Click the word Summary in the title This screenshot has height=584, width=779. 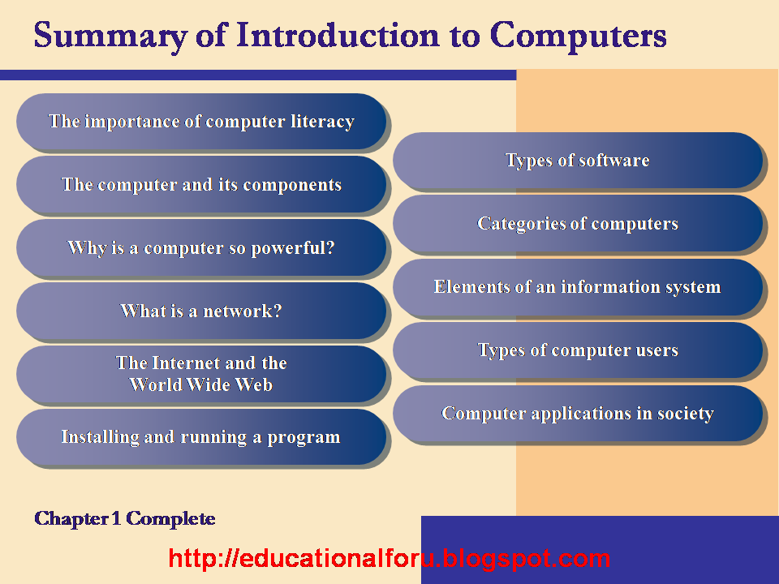[111, 36]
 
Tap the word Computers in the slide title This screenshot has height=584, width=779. [578, 36]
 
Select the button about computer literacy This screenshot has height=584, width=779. [201, 121]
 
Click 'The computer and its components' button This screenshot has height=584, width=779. [201, 184]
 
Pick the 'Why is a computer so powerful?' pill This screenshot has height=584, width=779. [201, 247]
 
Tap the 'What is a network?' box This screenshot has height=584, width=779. [201, 311]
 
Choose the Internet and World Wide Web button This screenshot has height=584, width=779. [201, 374]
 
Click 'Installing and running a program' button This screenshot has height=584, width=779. [201, 437]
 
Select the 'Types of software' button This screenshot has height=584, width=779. [577, 160]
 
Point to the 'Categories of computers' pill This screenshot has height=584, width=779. [577, 223]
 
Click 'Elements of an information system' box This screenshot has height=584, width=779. [577, 286]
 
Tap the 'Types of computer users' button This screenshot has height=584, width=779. [577, 350]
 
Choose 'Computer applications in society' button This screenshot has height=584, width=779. [577, 413]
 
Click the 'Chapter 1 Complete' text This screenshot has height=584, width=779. [125, 518]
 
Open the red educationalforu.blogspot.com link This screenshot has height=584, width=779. [389, 559]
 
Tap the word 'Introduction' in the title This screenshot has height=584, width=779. [338, 35]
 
